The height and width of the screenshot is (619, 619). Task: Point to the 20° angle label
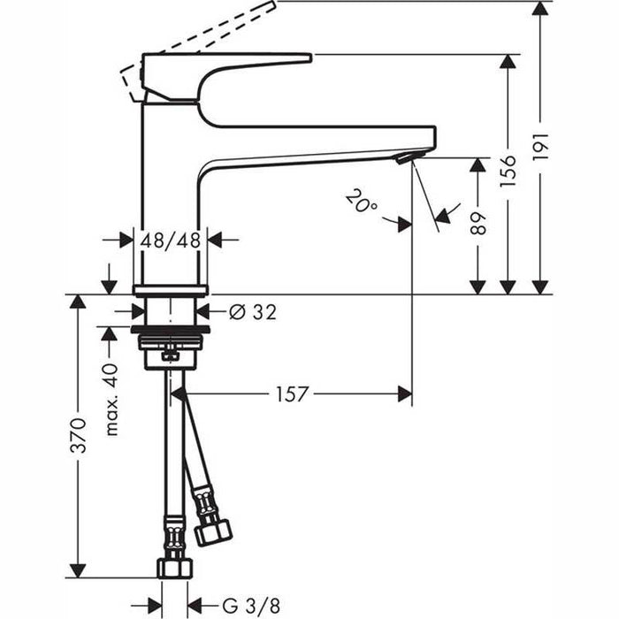(x=361, y=203)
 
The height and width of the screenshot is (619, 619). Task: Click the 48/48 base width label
(x=170, y=240)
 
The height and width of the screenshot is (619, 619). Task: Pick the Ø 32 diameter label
(x=252, y=311)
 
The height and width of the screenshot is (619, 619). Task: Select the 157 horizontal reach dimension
(x=291, y=394)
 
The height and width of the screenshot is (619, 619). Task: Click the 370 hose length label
(x=79, y=436)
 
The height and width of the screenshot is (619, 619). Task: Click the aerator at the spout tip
(x=403, y=158)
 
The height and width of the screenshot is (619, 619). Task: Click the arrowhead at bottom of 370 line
(x=79, y=569)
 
